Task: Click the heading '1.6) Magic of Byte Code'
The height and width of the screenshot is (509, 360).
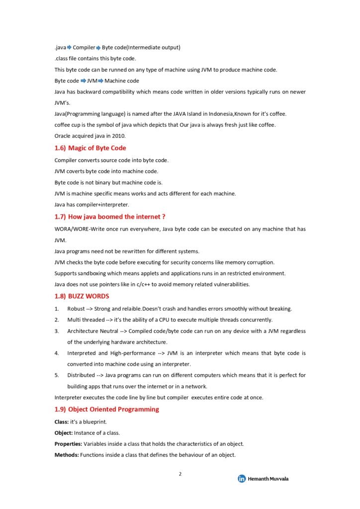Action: pos(90,148)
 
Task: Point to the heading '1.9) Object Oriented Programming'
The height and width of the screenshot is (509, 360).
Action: pos(107,410)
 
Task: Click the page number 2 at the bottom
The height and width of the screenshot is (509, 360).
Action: pos(180,474)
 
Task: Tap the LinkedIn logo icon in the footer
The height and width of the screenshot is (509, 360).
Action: pos(242,479)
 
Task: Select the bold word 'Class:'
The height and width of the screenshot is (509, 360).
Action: pos(62,422)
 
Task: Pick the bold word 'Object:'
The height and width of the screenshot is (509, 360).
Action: pos(64,433)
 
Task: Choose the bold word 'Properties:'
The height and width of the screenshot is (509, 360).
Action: pos(68,444)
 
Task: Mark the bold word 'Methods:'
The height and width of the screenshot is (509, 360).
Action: pos(66,455)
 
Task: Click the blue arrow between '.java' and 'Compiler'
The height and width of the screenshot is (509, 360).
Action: pos(69,47)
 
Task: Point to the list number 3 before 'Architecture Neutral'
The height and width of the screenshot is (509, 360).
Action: pos(57,331)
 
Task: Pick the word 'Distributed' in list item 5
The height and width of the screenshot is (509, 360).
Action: pos(81,375)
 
